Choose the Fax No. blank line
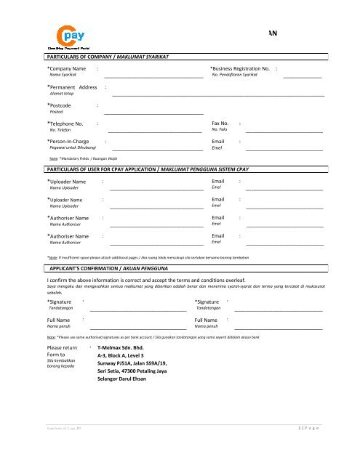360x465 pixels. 284,133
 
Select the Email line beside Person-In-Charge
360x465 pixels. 284,150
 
